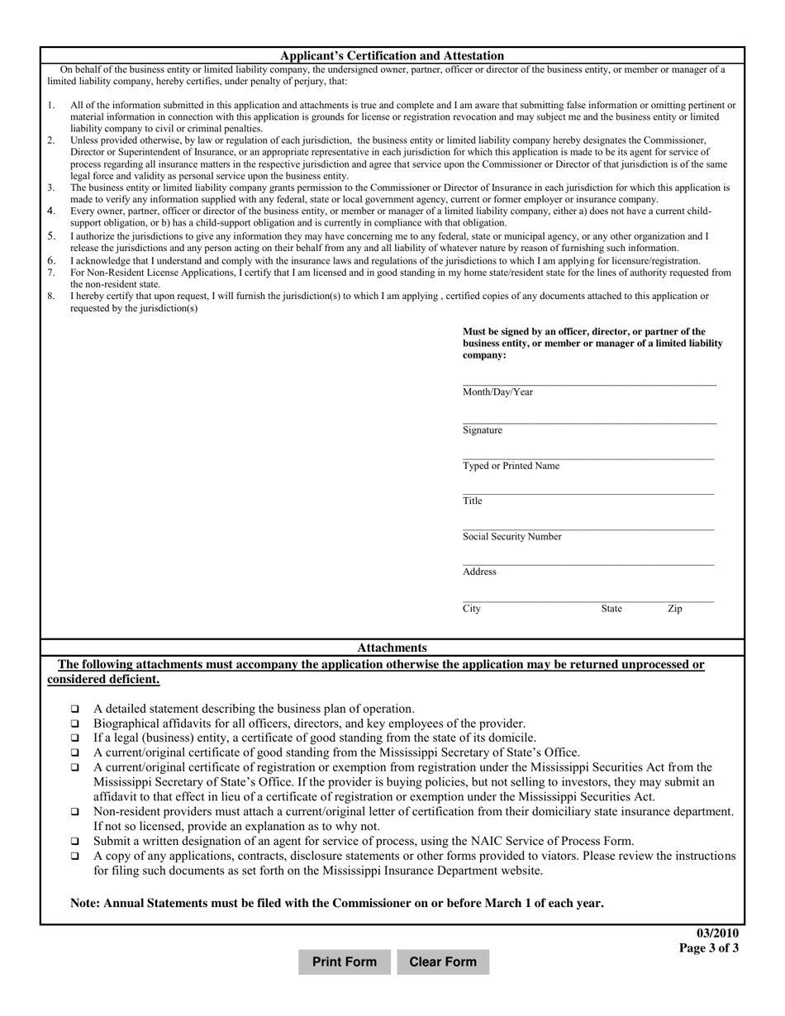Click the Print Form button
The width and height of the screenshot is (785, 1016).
click(x=345, y=961)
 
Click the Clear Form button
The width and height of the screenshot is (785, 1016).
click(x=443, y=961)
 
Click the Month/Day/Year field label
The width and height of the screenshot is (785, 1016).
click(x=497, y=392)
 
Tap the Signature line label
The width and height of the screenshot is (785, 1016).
click(x=483, y=430)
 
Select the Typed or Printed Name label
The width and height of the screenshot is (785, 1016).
click(x=511, y=466)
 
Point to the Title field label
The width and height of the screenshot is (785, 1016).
click(x=473, y=501)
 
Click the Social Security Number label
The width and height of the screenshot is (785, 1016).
click(x=511, y=536)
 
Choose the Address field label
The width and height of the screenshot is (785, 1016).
click(x=479, y=572)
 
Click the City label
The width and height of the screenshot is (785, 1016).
click(x=472, y=609)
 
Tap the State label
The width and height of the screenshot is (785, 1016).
click(x=611, y=609)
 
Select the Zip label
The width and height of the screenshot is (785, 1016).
click(x=675, y=609)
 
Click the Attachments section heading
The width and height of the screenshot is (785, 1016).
click(x=392, y=648)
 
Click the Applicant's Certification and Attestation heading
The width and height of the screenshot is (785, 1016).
click(x=392, y=55)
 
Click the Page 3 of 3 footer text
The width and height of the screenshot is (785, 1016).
click(x=709, y=948)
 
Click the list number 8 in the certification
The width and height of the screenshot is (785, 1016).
click(x=50, y=296)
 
